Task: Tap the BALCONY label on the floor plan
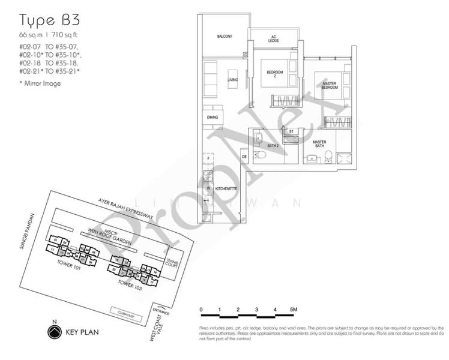click(x=224, y=37)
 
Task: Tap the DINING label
click(x=212, y=118)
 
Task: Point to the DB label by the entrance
click(x=244, y=157)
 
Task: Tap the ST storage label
click(x=291, y=131)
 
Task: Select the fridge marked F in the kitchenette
click(x=208, y=160)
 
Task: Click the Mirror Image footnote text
click(x=41, y=83)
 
